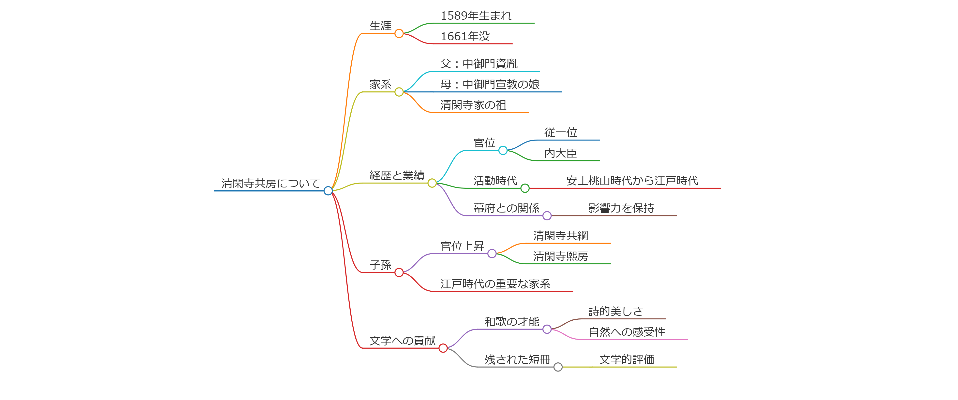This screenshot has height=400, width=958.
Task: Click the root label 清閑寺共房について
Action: point(270,183)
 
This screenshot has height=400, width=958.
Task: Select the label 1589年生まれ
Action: point(476,16)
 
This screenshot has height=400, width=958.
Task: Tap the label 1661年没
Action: point(465,36)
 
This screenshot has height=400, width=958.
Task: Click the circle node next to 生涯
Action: point(399,33)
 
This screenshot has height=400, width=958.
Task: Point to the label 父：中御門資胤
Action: point(479,64)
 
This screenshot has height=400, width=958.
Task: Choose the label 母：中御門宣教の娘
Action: point(489,84)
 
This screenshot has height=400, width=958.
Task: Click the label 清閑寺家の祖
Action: point(473,105)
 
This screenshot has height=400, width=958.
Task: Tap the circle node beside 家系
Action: point(399,92)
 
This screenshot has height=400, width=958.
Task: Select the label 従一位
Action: point(560,132)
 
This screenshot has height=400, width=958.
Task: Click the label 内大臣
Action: point(560,153)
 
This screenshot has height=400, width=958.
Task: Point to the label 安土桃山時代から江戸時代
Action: point(632,181)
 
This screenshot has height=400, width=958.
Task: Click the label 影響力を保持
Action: point(621,208)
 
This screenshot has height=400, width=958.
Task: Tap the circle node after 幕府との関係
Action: point(547,216)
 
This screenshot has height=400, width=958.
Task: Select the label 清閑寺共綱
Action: point(560,236)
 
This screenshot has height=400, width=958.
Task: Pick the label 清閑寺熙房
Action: point(560,256)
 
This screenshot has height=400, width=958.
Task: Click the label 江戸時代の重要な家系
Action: point(495,284)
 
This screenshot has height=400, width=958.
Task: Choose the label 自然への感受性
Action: point(627,332)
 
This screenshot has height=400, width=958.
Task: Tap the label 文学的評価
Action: point(627,359)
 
